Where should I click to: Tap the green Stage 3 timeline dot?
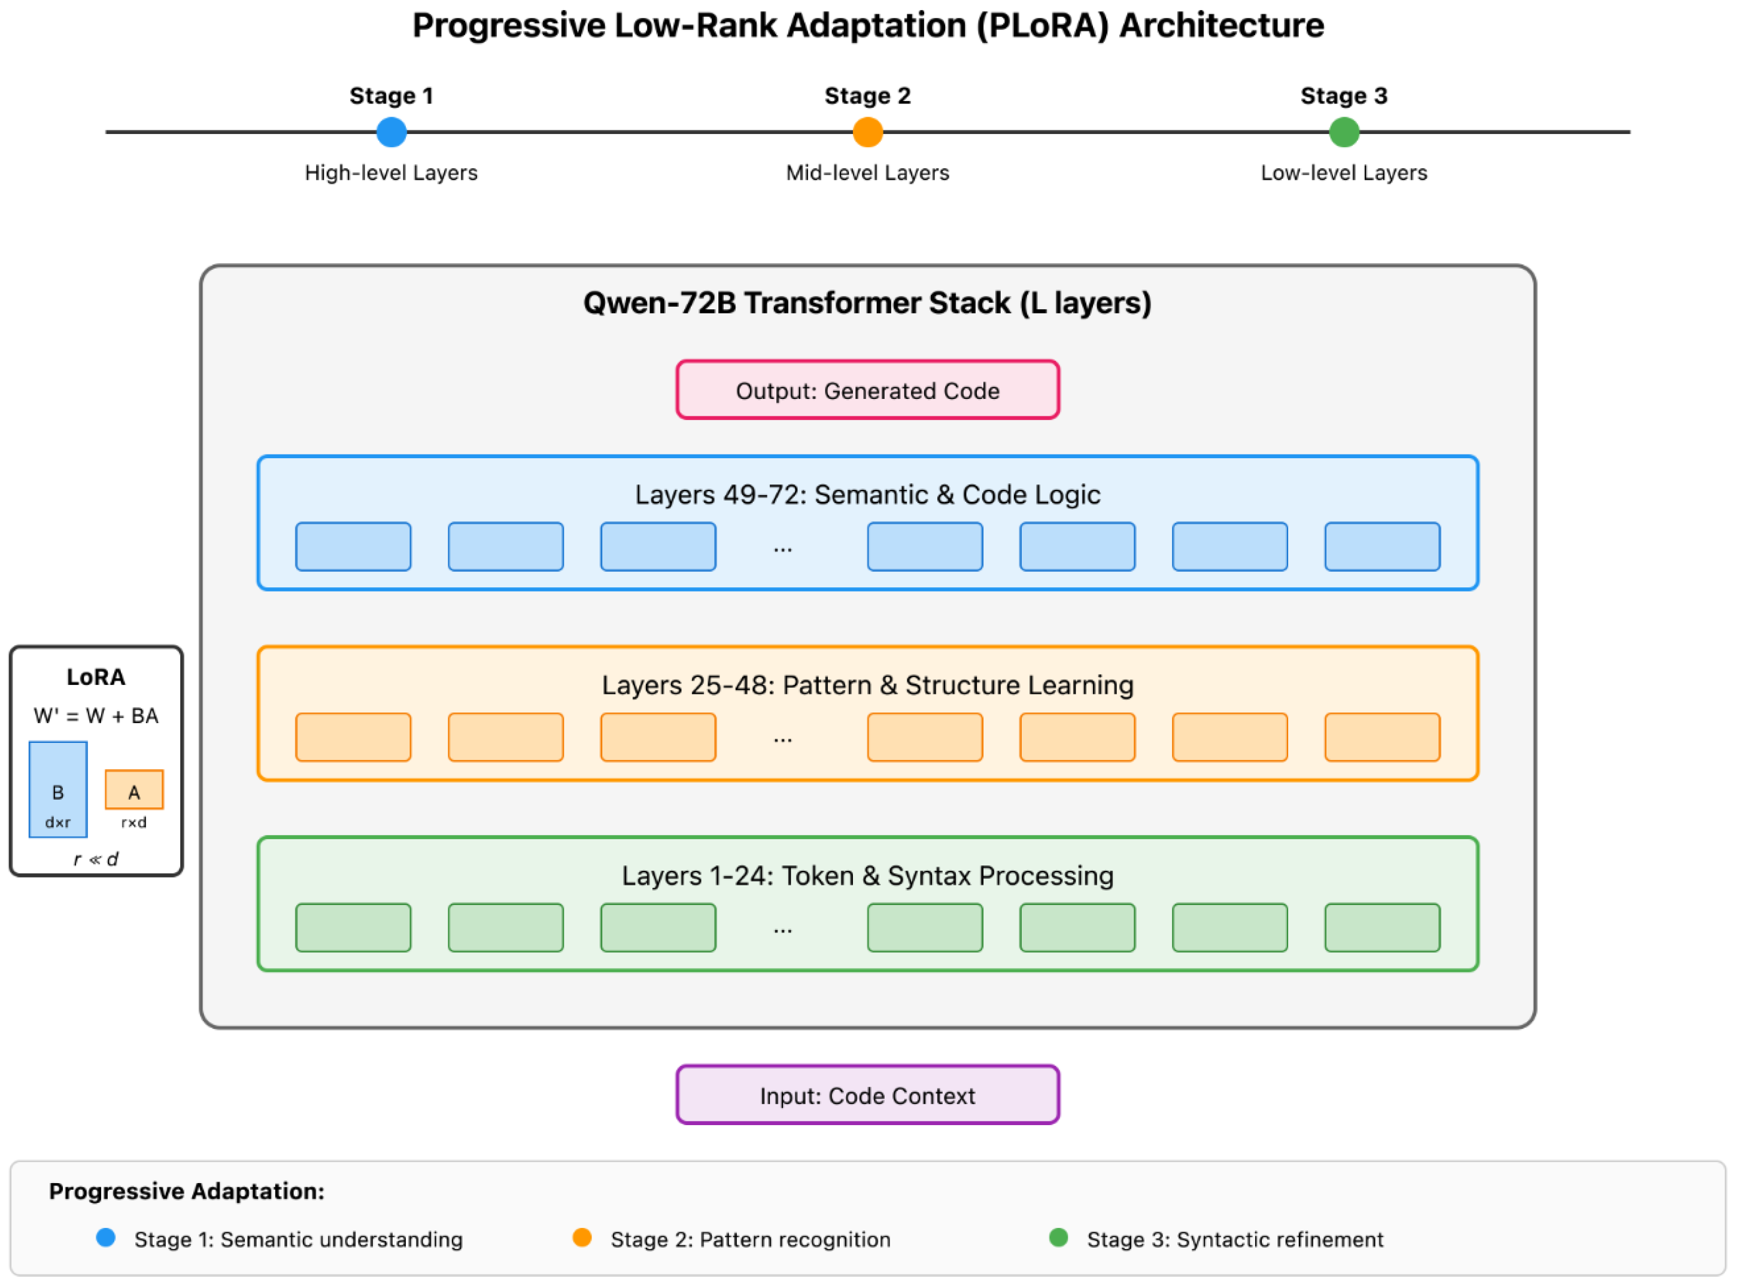[x=1344, y=132]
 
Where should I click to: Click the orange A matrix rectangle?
[x=134, y=790]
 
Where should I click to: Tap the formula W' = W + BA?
[x=96, y=715]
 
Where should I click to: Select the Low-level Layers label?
[x=1344, y=173]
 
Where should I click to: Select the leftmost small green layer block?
[x=353, y=927]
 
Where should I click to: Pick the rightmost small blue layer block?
[x=1382, y=547]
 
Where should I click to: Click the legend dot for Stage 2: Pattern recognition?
[x=582, y=1238]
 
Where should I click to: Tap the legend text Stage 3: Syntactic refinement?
[x=1235, y=1239]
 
